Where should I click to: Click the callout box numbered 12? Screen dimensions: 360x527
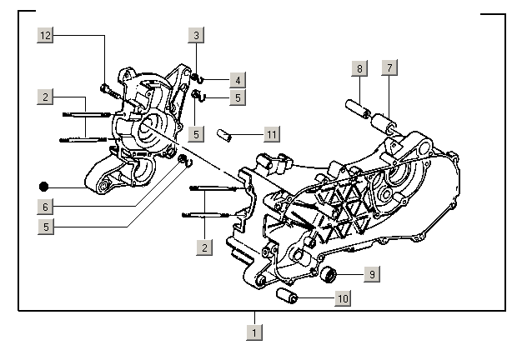point(45,35)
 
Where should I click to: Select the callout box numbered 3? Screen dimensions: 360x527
point(196,35)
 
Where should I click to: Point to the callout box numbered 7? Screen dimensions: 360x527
point(389,68)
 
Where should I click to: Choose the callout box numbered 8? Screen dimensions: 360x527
point(359,68)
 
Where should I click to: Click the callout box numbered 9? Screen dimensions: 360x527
point(372,272)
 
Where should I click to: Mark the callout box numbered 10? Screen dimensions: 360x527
point(342,297)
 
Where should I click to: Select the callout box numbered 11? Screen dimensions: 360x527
point(271,133)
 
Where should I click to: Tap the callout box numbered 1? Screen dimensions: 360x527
point(254,332)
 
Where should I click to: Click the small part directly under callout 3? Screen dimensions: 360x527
point(194,77)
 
